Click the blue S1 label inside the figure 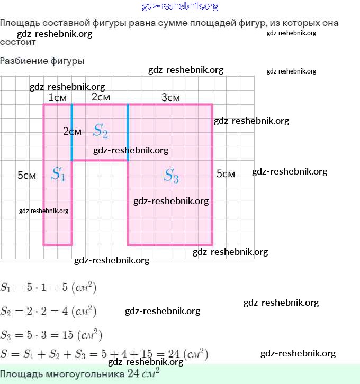tap(58, 174)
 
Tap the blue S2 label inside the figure tap(101, 131)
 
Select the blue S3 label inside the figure tap(171, 175)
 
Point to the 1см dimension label tap(57, 98)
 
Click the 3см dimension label tap(170, 98)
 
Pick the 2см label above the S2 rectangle tap(101, 97)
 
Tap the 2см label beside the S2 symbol tap(72, 132)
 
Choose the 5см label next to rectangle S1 tap(26, 176)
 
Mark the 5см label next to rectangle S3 tap(226, 174)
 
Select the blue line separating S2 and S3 tap(128, 132)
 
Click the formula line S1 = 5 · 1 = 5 tap(48, 288)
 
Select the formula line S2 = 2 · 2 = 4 tap(48, 311)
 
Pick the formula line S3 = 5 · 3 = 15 tap(51, 335)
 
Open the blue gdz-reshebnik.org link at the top tap(180, 6)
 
